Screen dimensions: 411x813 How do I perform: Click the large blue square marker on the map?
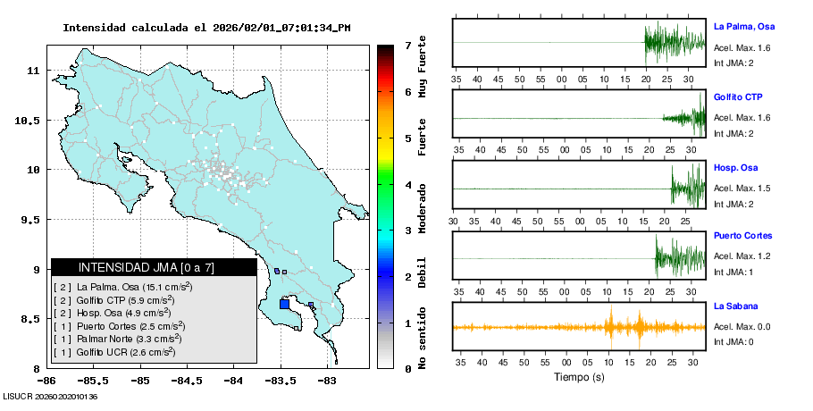click(284, 304)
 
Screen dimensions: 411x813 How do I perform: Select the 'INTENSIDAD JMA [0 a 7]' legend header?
click(154, 267)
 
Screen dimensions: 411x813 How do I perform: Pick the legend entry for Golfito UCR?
click(114, 352)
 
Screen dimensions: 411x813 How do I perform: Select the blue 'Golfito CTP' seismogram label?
click(738, 96)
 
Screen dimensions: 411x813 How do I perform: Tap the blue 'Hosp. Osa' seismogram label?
click(735, 167)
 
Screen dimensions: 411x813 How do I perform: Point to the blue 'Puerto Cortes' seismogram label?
click(742, 237)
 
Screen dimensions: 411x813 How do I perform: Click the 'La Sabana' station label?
click(735, 306)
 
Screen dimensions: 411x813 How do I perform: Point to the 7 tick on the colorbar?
click(407, 45)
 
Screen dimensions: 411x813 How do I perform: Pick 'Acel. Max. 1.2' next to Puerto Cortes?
click(742, 256)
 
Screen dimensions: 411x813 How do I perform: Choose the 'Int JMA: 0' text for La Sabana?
click(733, 342)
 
